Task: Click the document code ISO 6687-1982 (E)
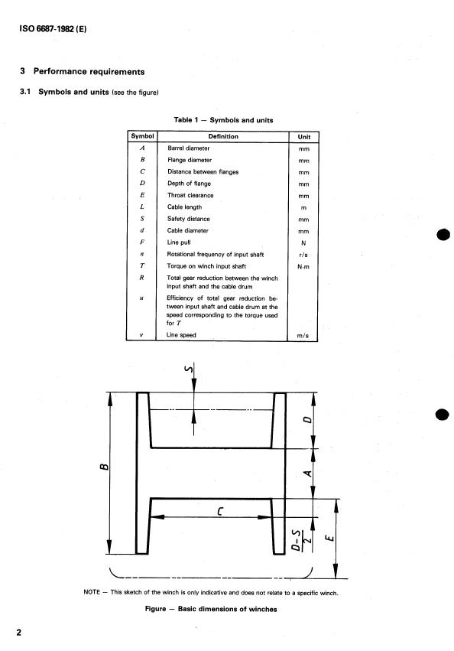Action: pos(53,28)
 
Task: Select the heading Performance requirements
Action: pos(89,71)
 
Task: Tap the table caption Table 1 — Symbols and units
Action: pos(223,120)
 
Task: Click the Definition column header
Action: pos(223,136)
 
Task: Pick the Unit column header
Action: pos(303,137)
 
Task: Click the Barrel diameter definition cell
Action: pos(189,148)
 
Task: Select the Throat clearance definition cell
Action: pos(190,195)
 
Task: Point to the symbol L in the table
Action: pos(142,207)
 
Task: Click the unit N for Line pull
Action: pos(303,242)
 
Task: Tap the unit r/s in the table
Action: pos(303,255)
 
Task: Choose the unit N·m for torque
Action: pos(303,266)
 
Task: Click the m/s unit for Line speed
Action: pos(303,336)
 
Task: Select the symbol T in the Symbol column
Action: pos(142,265)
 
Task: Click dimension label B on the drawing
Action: pos(105,467)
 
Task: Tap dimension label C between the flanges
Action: pos(220,511)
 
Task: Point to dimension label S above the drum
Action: pos(190,368)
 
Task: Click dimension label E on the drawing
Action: pos(329,538)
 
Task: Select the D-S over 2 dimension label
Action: pos(302,540)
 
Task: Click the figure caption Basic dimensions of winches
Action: pos(228,609)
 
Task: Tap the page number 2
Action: pos(18,633)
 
